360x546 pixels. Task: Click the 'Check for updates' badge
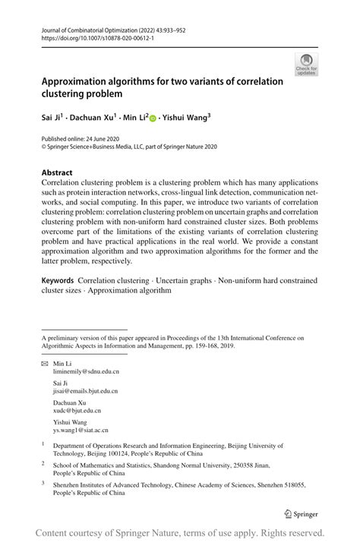click(x=307, y=65)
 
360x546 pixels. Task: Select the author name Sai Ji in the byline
click(x=51, y=118)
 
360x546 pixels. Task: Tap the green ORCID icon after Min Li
click(x=153, y=118)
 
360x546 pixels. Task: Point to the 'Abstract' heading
click(x=57, y=172)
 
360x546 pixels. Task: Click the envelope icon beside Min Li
click(x=45, y=365)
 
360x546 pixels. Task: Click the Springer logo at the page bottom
click(x=300, y=514)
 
